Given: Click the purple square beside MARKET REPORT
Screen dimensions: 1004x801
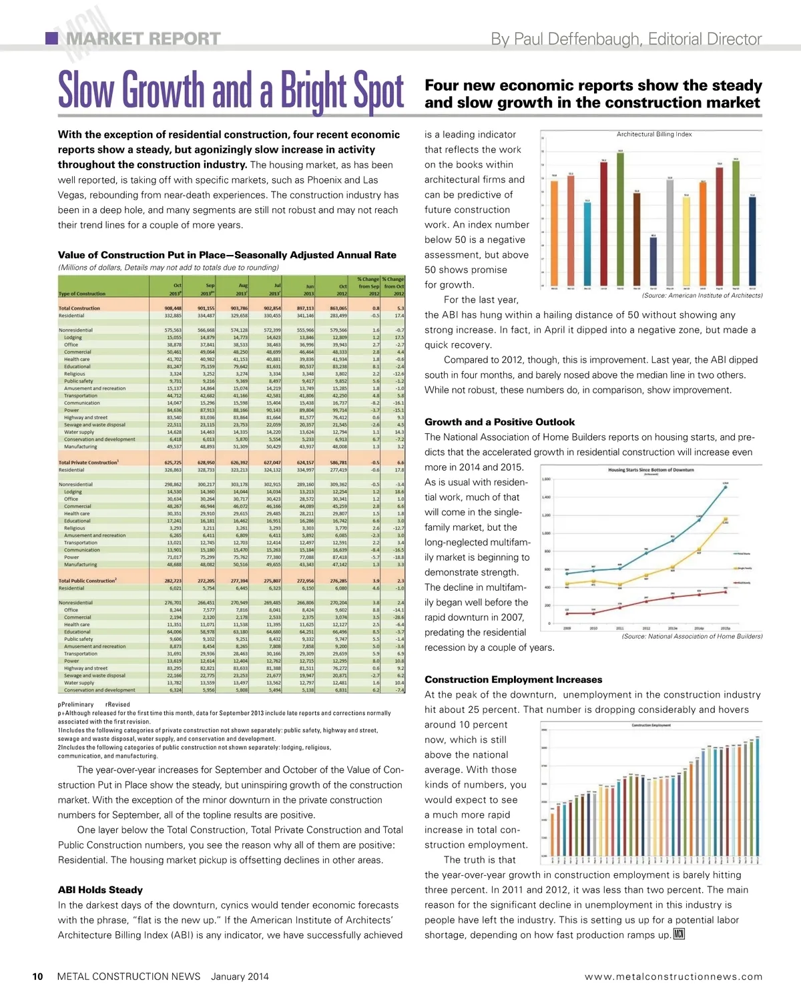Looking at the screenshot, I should [x=51, y=38].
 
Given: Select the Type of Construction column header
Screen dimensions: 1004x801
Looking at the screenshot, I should [x=82, y=294].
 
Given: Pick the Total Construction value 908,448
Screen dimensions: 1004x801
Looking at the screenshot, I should [x=173, y=308].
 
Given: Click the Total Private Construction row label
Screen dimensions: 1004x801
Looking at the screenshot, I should [x=89, y=462].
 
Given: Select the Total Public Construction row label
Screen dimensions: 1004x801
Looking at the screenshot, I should [x=87, y=581].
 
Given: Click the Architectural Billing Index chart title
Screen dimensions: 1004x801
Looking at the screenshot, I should [x=654, y=134].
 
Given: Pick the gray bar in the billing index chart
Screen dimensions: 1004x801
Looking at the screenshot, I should [x=670, y=231].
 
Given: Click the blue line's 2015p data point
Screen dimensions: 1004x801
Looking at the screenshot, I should [x=726, y=487].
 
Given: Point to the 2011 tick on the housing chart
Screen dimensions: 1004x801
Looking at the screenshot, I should [x=619, y=628].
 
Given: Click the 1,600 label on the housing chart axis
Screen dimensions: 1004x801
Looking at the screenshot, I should [x=545, y=479].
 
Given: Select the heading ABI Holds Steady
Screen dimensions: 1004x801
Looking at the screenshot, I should [x=100, y=890].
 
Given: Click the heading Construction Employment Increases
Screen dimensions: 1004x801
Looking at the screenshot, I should [x=513, y=680].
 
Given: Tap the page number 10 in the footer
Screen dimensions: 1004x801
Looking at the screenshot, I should [x=38, y=977].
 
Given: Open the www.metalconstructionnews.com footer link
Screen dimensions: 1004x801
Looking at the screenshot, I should [x=673, y=977].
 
